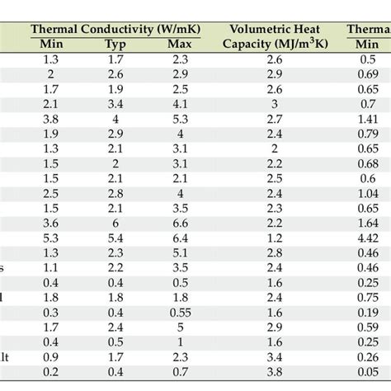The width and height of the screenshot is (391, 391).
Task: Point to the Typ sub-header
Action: click(x=115, y=45)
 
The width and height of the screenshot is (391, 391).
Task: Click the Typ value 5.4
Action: click(x=115, y=239)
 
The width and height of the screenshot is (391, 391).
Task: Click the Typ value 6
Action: click(x=115, y=224)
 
